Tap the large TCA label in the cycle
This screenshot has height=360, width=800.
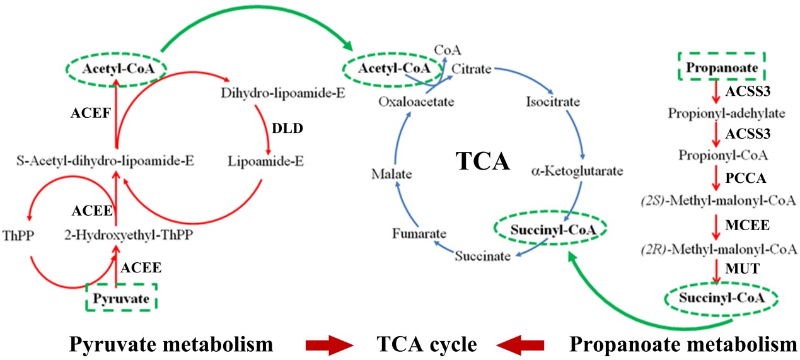[x=482, y=163]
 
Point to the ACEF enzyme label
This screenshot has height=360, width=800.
[x=91, y=114]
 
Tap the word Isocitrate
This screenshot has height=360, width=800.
[x=553, y=101]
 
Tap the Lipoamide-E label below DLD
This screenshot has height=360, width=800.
[x=266, y=161]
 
